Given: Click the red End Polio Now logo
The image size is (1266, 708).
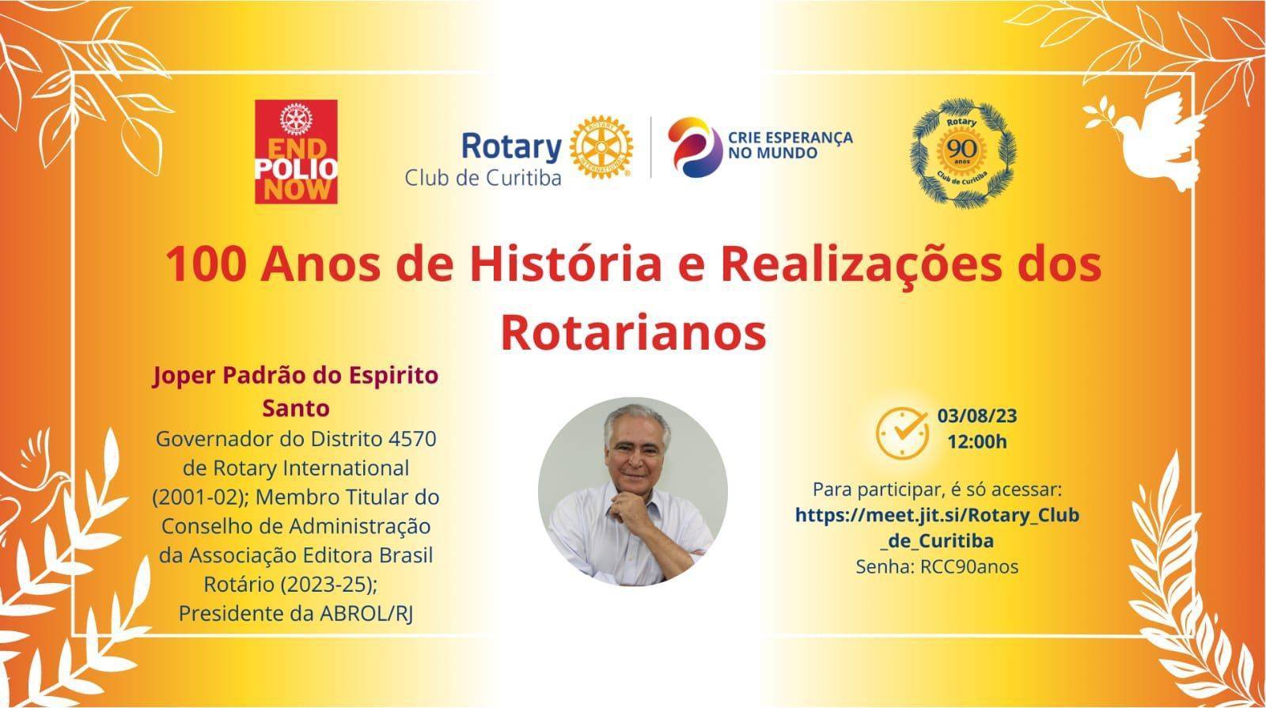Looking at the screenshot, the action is point(296,151).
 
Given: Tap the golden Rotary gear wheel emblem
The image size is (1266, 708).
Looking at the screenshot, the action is point(601,147).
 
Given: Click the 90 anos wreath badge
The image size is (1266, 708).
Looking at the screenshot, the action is point(962,153).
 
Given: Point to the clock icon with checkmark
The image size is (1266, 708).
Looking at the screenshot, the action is point(902,434).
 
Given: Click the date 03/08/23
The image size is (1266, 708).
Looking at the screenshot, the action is point(977,416).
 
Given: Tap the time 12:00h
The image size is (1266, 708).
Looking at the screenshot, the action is point(977,441).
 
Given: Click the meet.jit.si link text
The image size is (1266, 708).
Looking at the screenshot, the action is point(937,528).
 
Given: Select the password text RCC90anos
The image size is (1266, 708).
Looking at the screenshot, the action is point(969,566).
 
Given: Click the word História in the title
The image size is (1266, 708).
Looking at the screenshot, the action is point(566,264).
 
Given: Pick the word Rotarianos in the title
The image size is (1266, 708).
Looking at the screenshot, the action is point(634,333).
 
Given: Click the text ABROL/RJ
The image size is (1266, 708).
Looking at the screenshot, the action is point(366,614).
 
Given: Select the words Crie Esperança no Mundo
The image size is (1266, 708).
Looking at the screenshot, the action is point(790,146).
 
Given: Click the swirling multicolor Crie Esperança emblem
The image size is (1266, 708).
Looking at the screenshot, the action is point(694,147).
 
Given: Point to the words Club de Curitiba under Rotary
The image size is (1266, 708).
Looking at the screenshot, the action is point(483,179).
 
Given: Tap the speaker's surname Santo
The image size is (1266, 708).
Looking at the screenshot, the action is point(296,408).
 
